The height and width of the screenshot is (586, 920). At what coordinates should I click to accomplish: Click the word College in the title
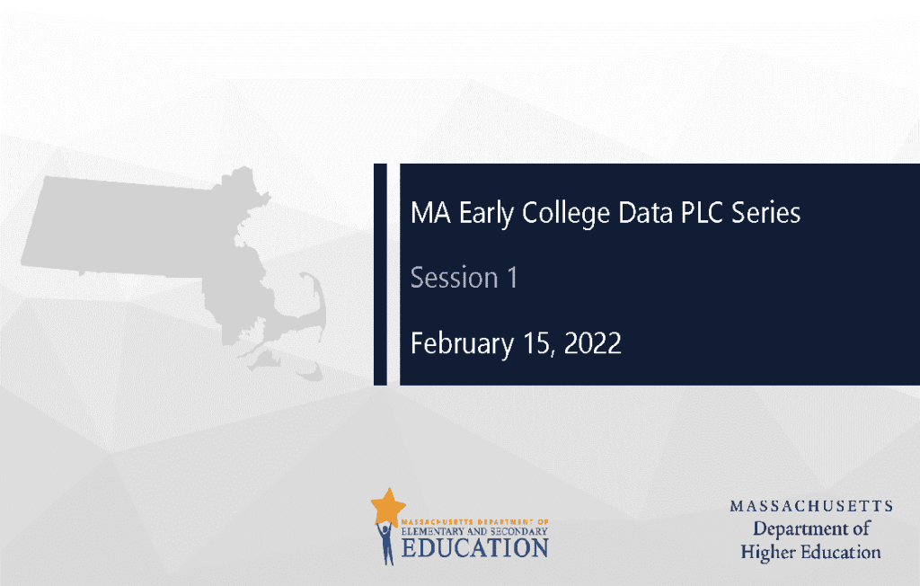click(x=566, y=213)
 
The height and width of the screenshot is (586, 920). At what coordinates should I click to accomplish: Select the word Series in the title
click(x=765, y=212)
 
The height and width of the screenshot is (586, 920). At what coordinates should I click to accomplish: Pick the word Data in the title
click(x=645, y=212)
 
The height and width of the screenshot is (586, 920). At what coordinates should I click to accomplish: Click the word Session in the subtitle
click(x=454, y=277)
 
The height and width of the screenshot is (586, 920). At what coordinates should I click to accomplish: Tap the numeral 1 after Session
click(x=512, y=277)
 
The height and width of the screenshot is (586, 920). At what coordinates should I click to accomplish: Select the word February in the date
click(x=462, y=344)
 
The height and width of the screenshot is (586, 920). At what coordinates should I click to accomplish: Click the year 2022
click(x=592, y=343)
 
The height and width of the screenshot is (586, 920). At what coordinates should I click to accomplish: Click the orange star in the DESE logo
click(x=388, y=506)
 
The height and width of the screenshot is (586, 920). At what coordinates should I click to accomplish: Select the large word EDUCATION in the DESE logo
click(x=475, y=548)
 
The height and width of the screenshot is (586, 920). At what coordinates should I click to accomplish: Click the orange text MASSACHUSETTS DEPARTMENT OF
click(x=474, y=521)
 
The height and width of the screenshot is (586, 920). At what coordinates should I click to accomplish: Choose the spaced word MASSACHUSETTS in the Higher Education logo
click(x=811, y=506)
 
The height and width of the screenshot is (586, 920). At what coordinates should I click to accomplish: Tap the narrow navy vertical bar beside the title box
click(x=380, y=274)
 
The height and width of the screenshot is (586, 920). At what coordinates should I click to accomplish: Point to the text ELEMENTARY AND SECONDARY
click(x=474, y=531)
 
